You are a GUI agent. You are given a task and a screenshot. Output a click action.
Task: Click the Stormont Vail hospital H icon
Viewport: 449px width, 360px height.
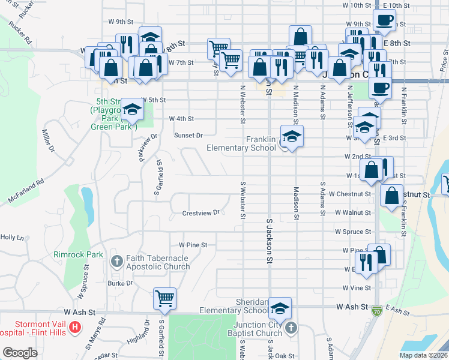(75, 327)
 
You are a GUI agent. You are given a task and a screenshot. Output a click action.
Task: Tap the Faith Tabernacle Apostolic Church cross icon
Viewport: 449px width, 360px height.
(117, 261)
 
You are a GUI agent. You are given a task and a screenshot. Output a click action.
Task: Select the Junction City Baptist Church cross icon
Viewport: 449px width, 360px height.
(291, 328)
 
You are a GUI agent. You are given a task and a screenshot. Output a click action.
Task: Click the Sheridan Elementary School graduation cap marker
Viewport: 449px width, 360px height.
(280, 307)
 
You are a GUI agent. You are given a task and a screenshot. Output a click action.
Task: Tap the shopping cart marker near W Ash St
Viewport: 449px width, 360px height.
(164, 298)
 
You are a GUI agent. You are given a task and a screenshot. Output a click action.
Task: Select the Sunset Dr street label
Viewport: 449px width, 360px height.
(188, 135)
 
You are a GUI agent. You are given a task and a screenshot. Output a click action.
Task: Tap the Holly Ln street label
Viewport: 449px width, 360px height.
(11, 238)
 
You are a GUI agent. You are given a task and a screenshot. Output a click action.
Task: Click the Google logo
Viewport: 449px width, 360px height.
(20, 352)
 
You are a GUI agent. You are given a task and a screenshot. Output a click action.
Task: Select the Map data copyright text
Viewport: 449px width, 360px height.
(423, 355)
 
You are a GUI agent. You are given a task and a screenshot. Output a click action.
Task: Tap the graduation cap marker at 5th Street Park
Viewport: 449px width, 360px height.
(132, 109)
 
